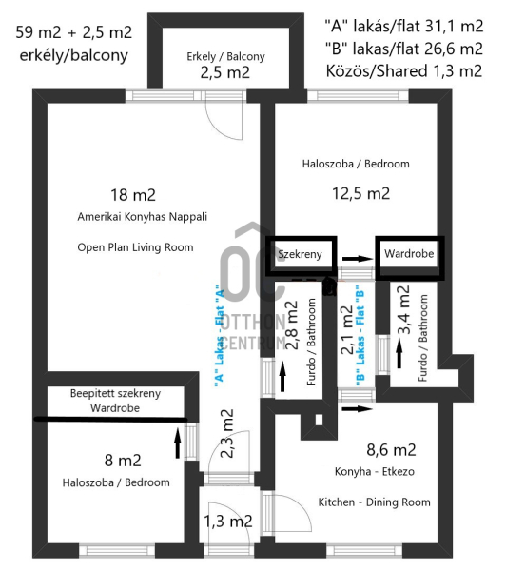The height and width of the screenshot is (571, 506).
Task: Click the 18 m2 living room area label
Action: tap(133, 195)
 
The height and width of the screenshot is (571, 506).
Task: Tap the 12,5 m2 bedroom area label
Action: tap(360, 193)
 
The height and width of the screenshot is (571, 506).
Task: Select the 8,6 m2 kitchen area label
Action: tap(391, 450)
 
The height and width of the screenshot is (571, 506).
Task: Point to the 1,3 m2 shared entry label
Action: tap(228, 522)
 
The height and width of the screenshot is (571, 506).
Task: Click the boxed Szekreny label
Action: tap(300, 254)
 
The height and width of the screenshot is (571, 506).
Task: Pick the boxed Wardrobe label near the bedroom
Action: tap(409, 253)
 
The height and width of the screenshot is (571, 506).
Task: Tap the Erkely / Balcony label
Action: tap(225, 57)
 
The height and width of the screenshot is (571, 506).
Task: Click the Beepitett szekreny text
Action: tap(115, 393)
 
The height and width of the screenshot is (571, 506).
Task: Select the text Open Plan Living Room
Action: tap(135, 247)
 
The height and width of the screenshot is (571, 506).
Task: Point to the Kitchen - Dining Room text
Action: tap(374, 502)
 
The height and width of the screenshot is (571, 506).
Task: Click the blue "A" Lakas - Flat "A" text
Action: tap(219, 333)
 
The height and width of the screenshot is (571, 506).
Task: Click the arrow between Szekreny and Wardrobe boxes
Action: tap(358, 259)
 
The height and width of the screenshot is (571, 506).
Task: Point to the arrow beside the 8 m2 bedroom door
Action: tap(178, 443)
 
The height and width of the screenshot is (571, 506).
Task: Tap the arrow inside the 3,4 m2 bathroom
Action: tap(399, 353)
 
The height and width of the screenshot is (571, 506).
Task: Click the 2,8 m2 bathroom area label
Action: tap(292, 325)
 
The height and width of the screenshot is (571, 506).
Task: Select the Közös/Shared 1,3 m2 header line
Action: tap(404, 70)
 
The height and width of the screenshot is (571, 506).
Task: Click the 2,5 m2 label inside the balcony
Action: tap(225, 72)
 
